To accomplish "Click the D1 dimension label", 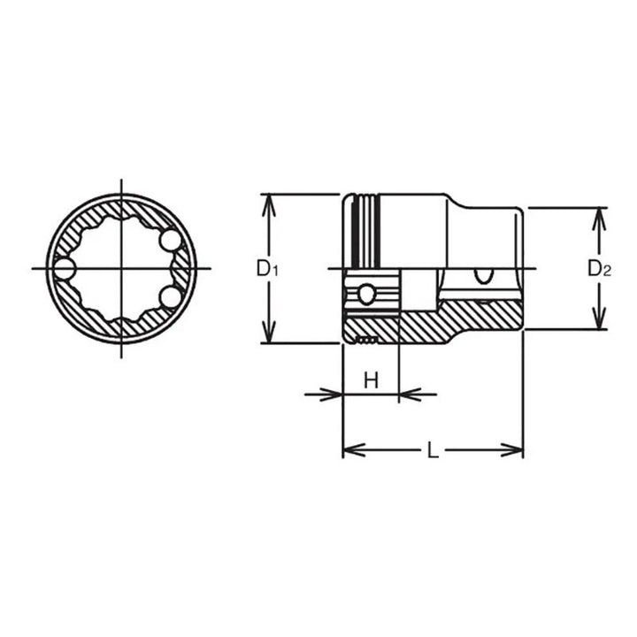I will pyautogui.click(x=267, y=268).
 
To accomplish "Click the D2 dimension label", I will pyautogui.click(x=601, y=269).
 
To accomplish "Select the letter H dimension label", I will pyautogui.click(x=372, y=381).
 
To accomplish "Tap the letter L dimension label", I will pyautogui.click(x=432, y=449).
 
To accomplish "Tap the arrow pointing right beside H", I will pyautogui.click(x=332, y=394).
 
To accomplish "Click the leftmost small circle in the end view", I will pyautogui.click(x=64, y=268).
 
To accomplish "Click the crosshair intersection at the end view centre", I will pyautogui.click(x=120, y=268).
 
